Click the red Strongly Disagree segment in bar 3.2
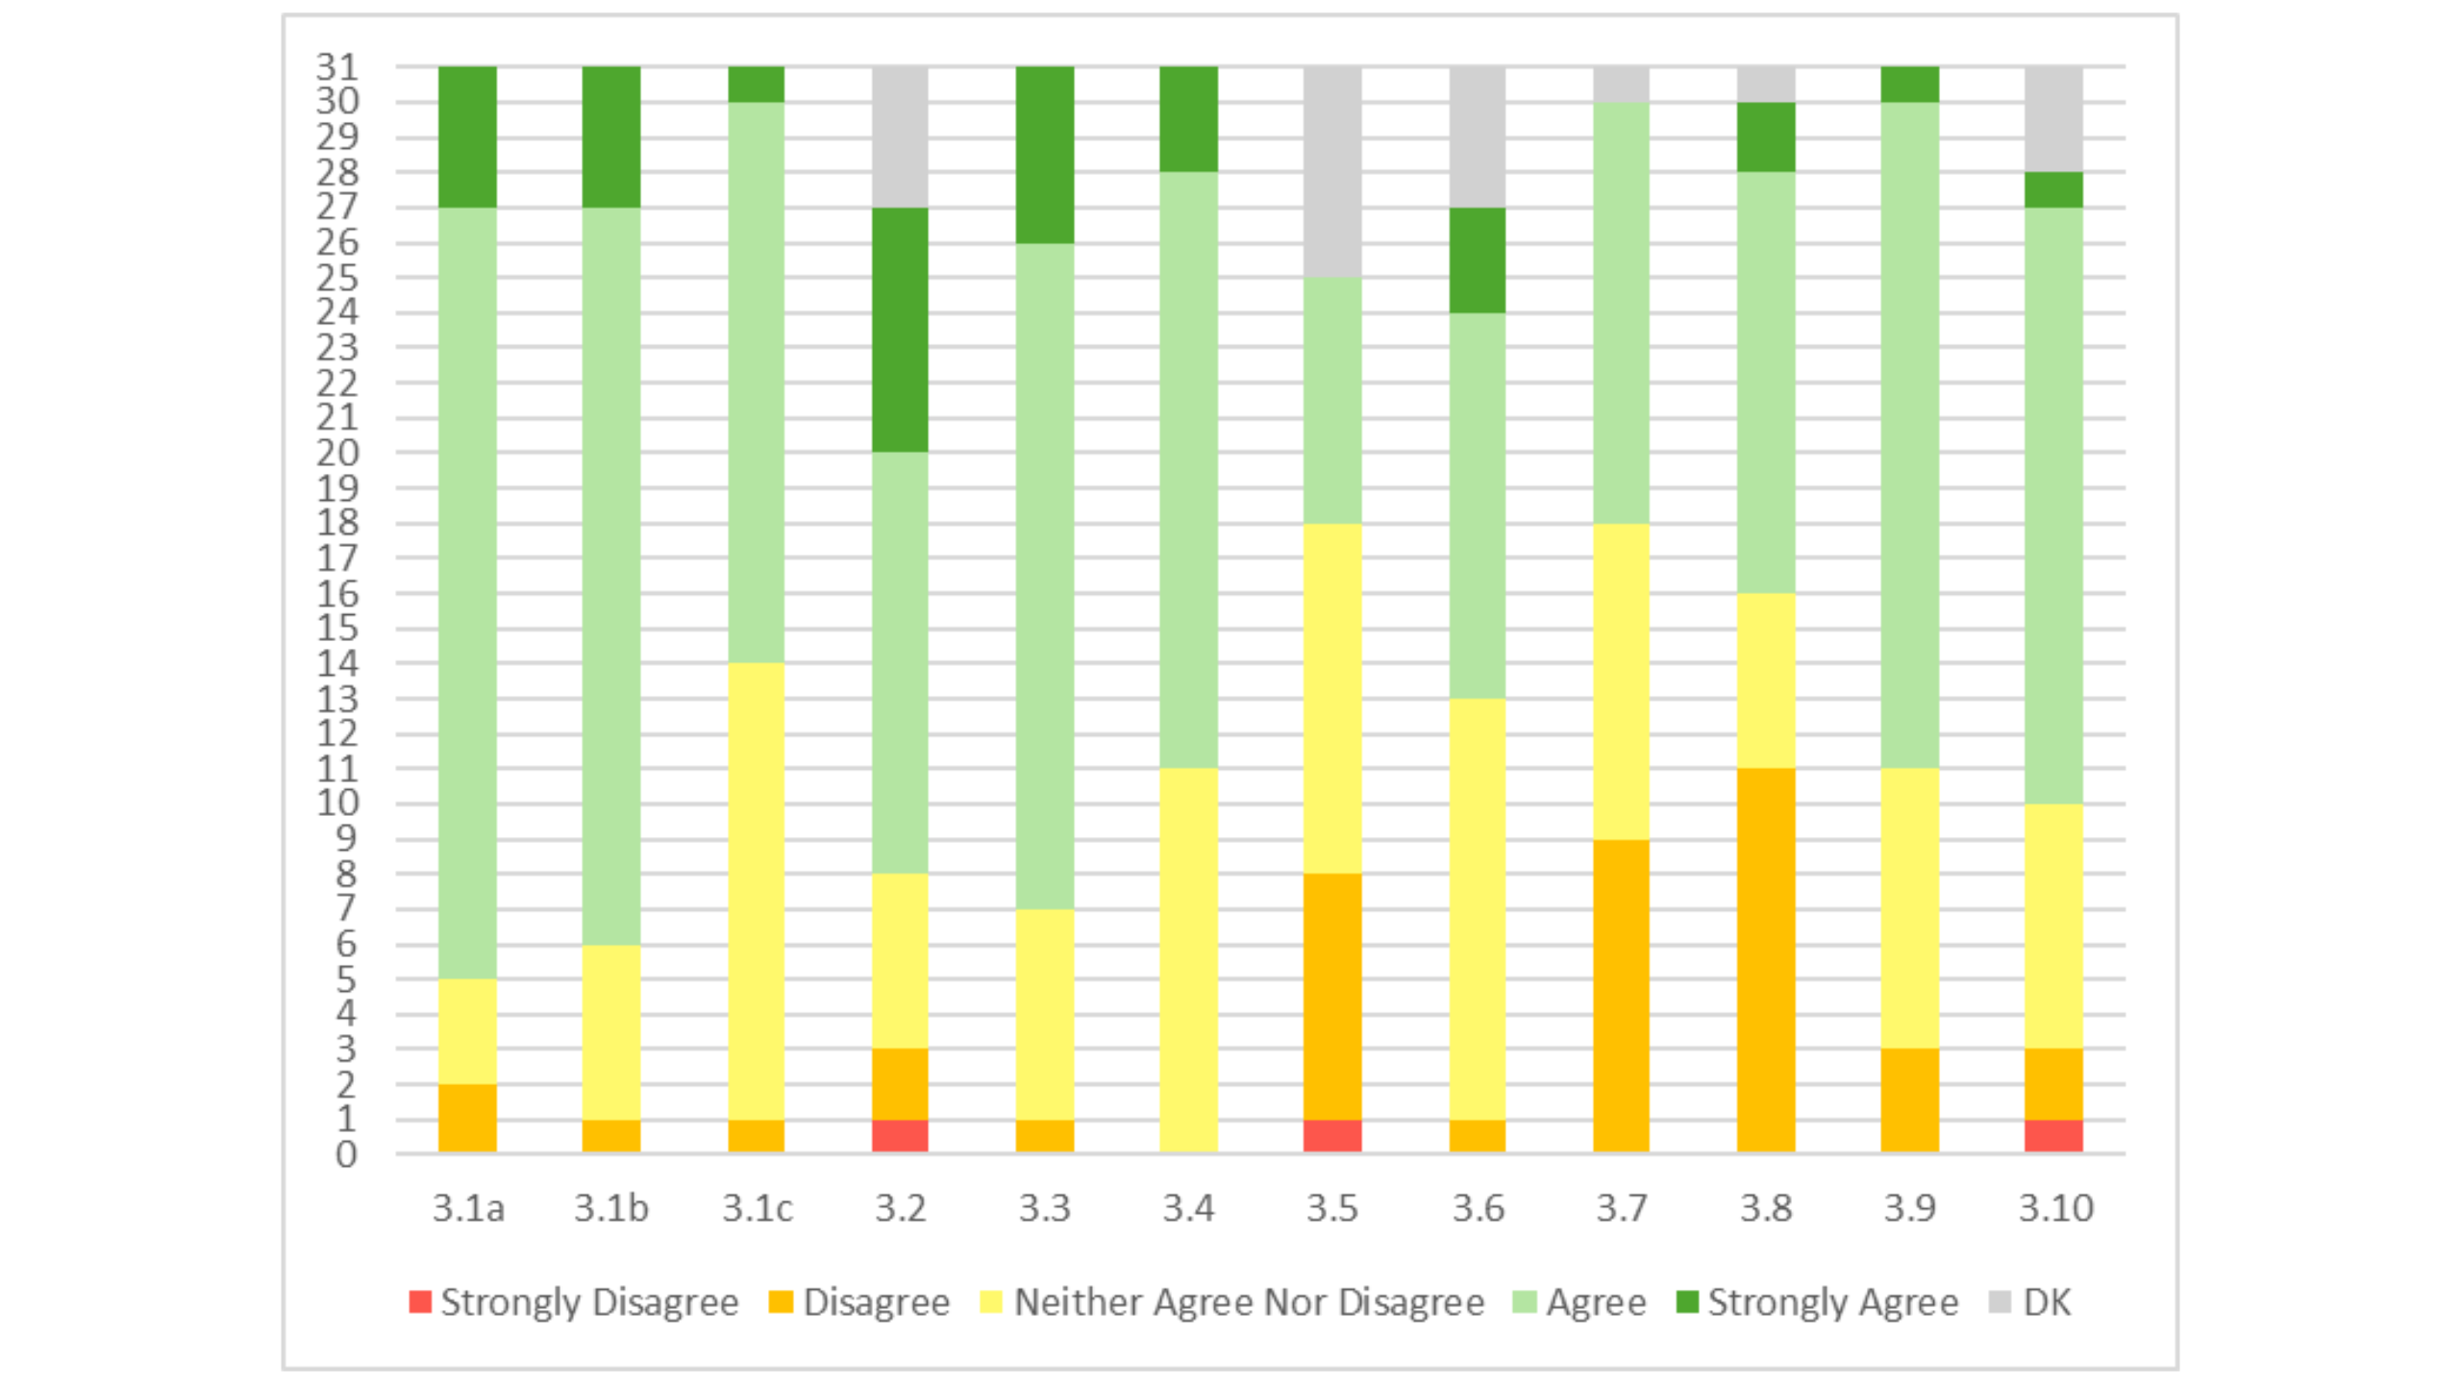(x=900, y=1136)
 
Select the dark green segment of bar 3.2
(x=900, y=330)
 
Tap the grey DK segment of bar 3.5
(x=1332, y=172)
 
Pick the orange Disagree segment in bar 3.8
(x=1766, y=960)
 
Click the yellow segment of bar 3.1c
(x=756, y=891)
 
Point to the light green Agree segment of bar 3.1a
(x=467, y=593)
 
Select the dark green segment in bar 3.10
(x=2053, y=190)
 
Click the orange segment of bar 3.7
(x=1621, y=996)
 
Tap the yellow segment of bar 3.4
(x=1188, y=960)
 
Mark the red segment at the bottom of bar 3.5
(x=1332, y=1136)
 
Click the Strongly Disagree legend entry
(x=574, y=1302)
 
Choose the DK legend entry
(x=2030, y=1302)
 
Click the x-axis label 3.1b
(x=611, y=1208)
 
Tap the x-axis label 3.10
(x=2055, y=1208)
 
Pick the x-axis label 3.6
(x=1478, y=1208)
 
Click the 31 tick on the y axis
(x=337, y=67)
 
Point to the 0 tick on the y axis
(x=346, y=1154)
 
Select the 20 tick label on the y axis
(x=337, y=453)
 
